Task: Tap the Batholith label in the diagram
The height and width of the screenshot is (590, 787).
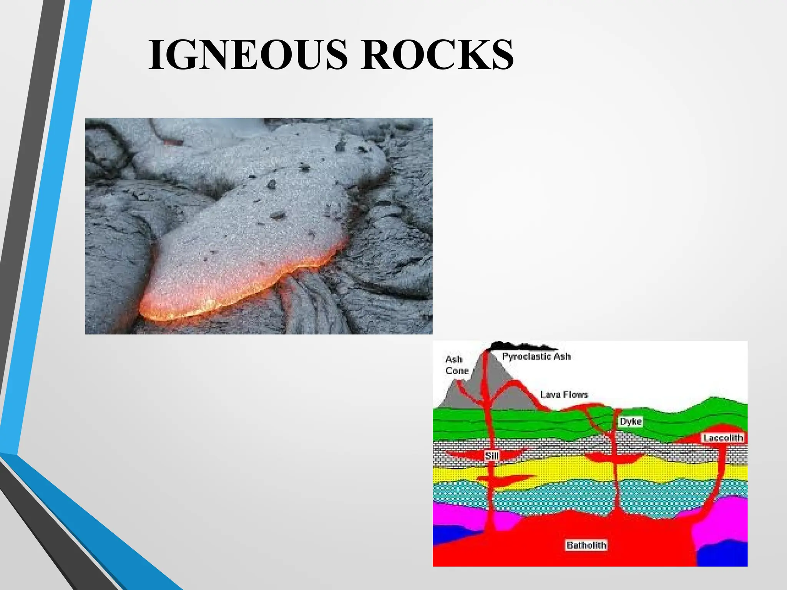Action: click(586, 545)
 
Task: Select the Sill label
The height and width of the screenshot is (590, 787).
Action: click(491, 456)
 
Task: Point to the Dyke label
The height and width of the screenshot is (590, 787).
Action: click(631, 422)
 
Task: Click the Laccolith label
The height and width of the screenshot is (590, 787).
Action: click(722, 438)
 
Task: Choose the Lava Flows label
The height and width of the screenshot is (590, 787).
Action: click(564, 394)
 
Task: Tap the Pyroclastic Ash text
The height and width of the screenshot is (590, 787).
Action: click(536, 356)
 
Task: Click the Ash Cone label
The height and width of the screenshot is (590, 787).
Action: click(456, 365)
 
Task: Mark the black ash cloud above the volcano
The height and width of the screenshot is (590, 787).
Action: click(519, 346)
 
